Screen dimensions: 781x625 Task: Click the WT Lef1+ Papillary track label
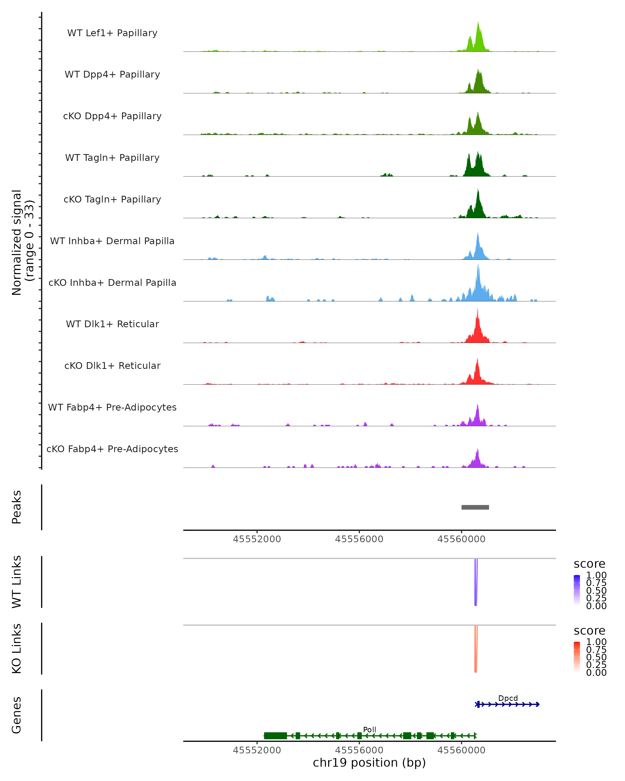click(112, 33)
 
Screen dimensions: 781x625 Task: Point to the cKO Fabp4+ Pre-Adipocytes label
click(112, 449)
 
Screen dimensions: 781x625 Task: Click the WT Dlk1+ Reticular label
click(112, 324)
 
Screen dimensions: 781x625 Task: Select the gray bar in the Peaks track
click(475, 507)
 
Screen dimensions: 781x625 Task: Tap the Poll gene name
click(370, 729)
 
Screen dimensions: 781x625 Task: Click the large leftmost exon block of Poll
click(275, 736)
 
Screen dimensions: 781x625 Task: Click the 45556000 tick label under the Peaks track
click(359, 539)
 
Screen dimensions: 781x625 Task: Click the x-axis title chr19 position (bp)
click(369, 763)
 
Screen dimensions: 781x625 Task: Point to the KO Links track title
click(17, 649)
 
